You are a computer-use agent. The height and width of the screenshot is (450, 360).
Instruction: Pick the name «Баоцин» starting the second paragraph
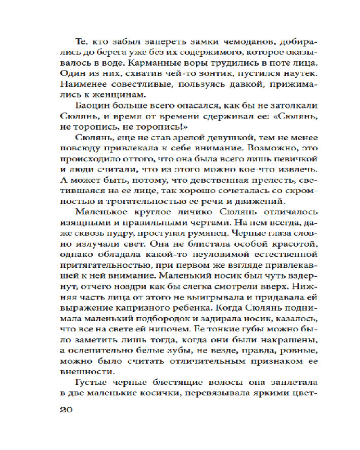[x=93, y=107]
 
